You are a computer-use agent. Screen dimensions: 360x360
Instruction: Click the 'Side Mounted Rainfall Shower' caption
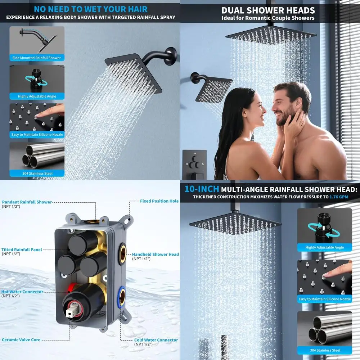[x=37, y=58]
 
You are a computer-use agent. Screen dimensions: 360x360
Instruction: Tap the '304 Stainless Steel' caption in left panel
[x=37, y=174]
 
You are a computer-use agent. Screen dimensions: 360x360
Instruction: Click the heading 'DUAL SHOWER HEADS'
[x=268, y=10]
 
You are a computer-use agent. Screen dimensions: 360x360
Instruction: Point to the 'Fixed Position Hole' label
[x=159, y=201]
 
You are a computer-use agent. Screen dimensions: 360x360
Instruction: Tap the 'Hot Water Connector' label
[x=22, y=292]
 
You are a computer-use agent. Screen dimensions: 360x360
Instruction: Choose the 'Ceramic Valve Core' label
[x=21, y=340]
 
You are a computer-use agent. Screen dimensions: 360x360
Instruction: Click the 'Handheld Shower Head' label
[x=155, y=254]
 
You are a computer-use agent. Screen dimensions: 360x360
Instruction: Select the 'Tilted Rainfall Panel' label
[x=22, y=249]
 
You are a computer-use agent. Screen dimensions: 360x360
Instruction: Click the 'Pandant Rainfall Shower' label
[x=27, y=202]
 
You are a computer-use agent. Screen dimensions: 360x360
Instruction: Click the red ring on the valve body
[x=72, y=287]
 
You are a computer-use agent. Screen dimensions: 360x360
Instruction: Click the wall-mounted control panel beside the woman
[x=195, y=164]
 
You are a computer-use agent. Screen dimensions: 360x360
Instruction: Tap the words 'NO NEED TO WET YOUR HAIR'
[x=90, y=9]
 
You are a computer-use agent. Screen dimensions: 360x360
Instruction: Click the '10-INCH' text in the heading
[x=202, y=189]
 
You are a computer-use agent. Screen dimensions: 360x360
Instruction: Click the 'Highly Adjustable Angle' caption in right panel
[x=324, y=248]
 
